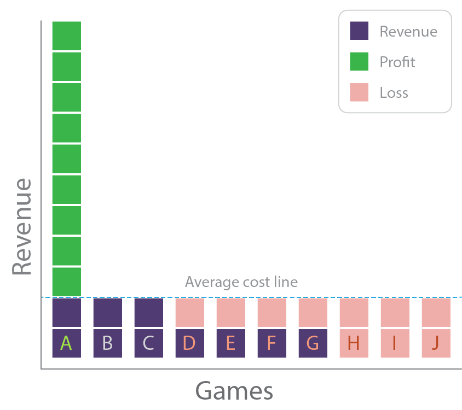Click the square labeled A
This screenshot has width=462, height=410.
[66, 343]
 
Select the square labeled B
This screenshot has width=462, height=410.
[107, 343]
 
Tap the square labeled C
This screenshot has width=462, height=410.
[148, 343]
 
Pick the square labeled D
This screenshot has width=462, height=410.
[189, 343]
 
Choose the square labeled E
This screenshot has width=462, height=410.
[230, 343]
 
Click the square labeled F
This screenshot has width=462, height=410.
[272, 343]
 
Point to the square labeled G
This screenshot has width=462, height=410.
[313, 343]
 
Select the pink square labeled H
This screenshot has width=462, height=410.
[354, 343]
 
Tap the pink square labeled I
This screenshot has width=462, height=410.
[395, 343]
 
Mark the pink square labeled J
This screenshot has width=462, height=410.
[436, 343]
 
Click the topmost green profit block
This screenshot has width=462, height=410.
[66, 36]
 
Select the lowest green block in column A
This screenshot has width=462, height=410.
[66, 282]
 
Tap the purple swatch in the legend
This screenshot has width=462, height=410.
[359, 31]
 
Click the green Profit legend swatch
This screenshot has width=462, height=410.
[359, 62]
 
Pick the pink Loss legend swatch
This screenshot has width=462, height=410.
[359, 92]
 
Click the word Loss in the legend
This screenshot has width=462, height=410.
[394, 93]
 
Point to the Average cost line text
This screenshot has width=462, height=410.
[241, 282]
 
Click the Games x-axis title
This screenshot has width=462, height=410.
[234, 391]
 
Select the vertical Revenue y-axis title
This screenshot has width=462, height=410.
[22, 227]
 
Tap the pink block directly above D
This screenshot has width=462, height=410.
[189, 312]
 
